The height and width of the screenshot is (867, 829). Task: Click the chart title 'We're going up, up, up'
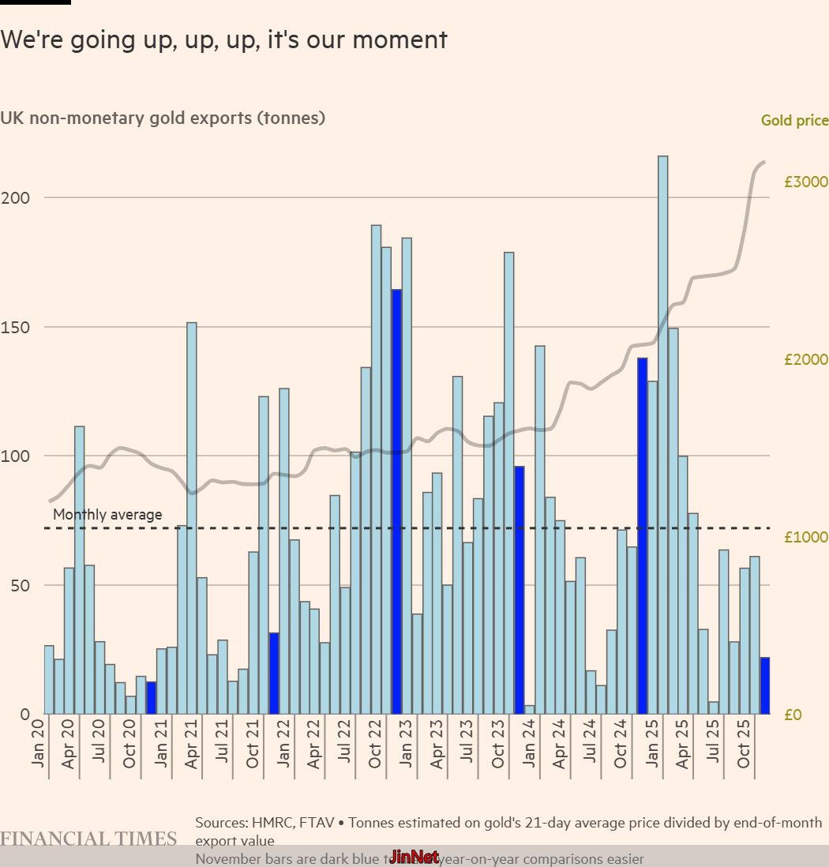click(223, 39)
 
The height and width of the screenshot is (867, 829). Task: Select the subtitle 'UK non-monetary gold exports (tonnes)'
click(163, 118)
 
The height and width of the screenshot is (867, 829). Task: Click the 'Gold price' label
click(794, 121)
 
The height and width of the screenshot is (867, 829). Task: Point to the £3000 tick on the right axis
click(805, 182)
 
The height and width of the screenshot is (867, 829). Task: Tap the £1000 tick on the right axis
click(805, 537)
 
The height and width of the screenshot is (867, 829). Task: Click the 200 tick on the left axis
click(15, 197)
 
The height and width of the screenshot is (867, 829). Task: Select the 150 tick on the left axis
click(15, 327)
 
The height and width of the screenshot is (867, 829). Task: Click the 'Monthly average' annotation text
click(107, 515)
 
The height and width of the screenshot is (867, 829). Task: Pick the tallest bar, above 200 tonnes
click(662, 434)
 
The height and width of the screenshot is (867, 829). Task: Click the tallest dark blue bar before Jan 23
click(396, 501)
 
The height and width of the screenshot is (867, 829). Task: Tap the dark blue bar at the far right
click(765, 685)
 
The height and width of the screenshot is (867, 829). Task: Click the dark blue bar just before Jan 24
click(520, 590)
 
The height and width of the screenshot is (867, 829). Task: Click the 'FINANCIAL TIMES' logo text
click(88, 839)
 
